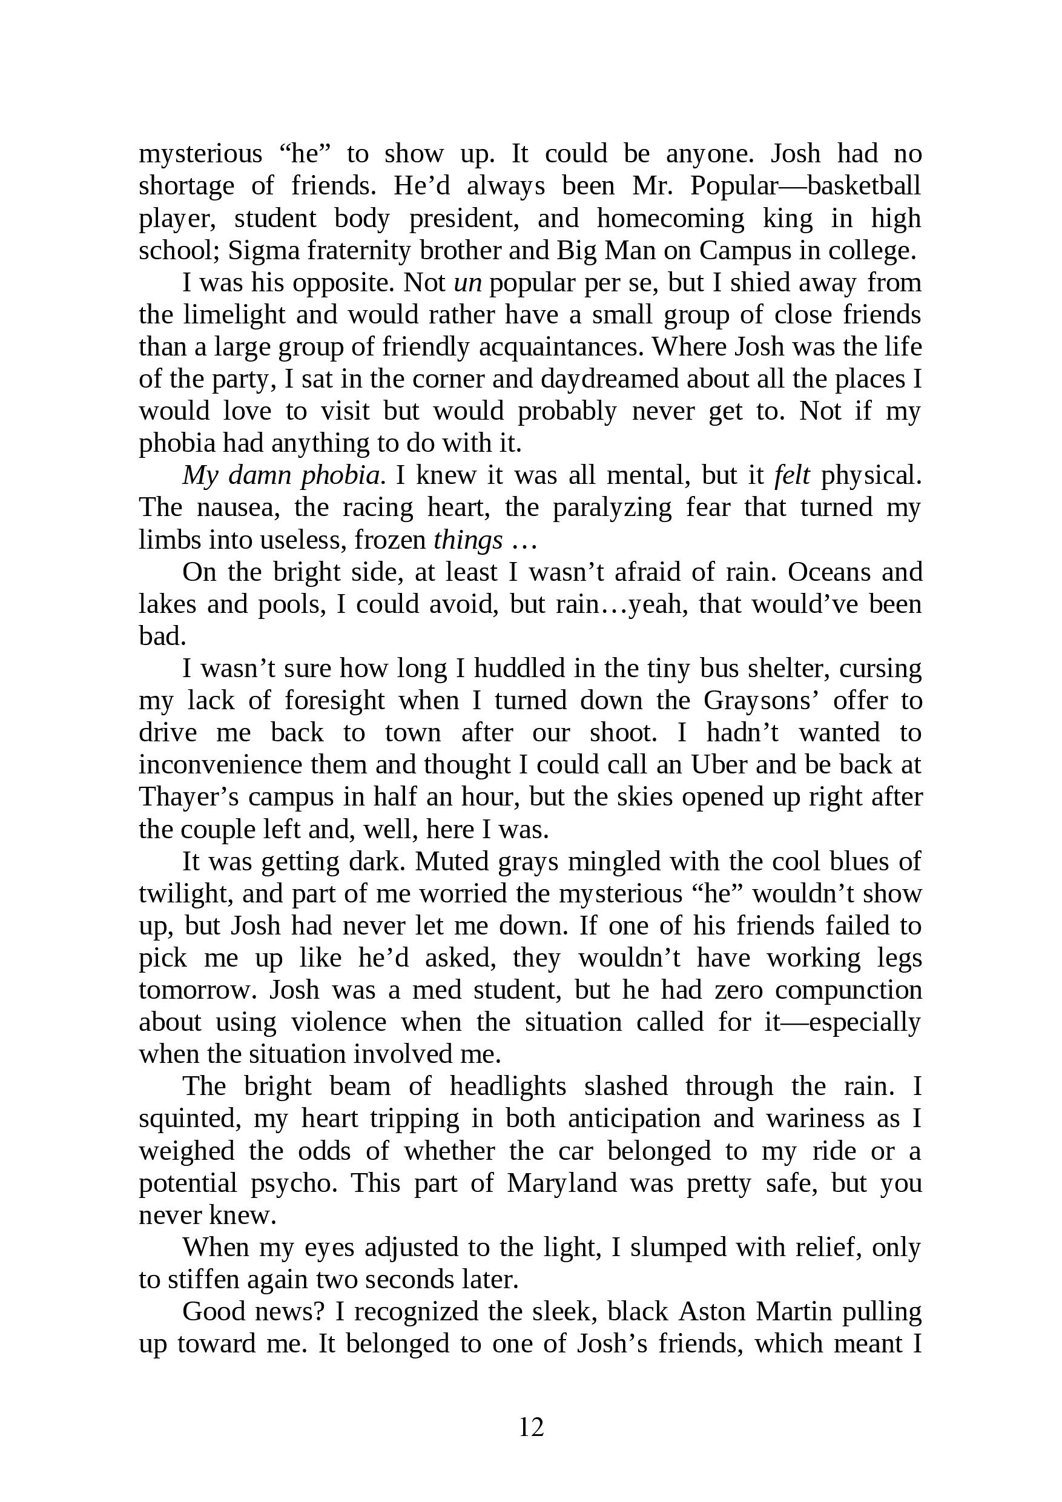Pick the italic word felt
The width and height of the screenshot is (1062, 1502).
[x=791, y=475]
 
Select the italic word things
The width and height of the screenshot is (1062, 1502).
[x=468, y=540]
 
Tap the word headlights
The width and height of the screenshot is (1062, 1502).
[x=507, y=1087]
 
